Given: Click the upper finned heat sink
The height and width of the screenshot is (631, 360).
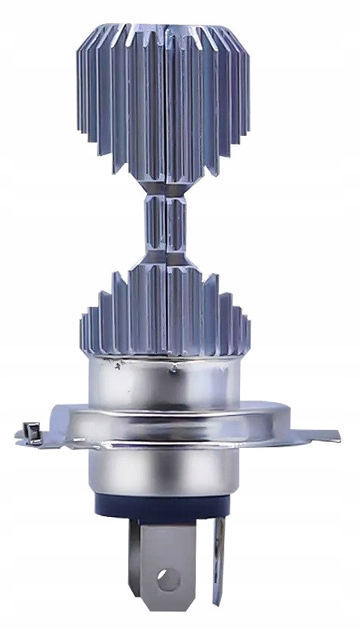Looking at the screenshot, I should (165, 98).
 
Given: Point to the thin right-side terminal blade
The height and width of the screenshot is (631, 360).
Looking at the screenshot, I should (217, 555).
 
